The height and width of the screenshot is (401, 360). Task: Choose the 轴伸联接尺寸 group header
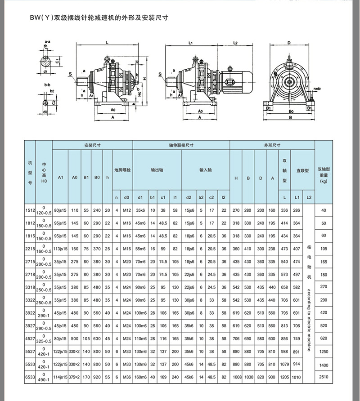tap(181, 145)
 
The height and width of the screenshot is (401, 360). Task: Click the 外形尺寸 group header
tap(272, 145)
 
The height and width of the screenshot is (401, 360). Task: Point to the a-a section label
tap(47, 40)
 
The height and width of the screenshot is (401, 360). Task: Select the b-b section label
tap(47, 84)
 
